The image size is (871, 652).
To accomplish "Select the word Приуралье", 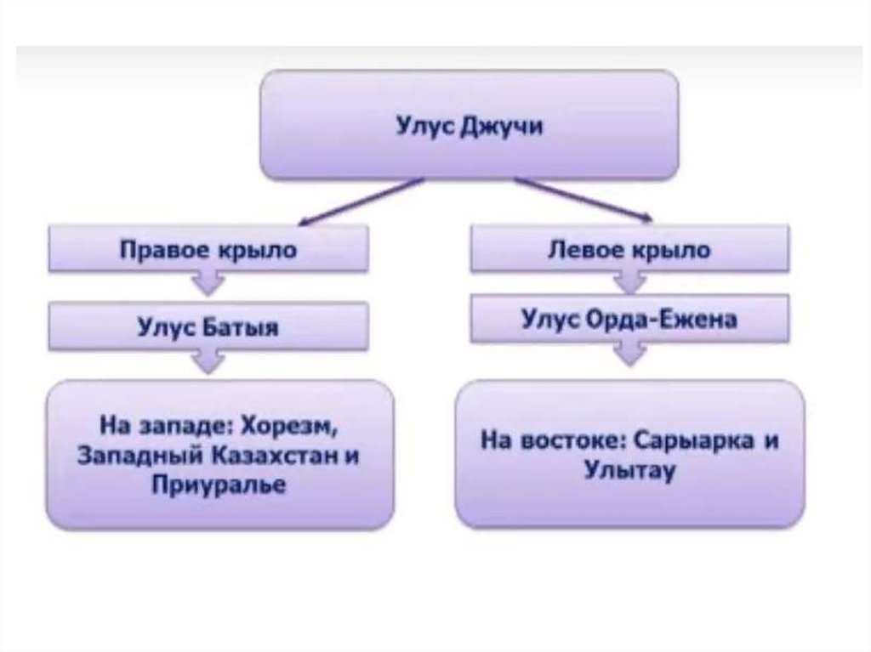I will tap(219, 485).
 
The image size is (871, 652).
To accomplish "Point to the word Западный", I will tap(129, 456).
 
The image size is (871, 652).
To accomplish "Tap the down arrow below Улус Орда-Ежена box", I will tap(630, 353).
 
